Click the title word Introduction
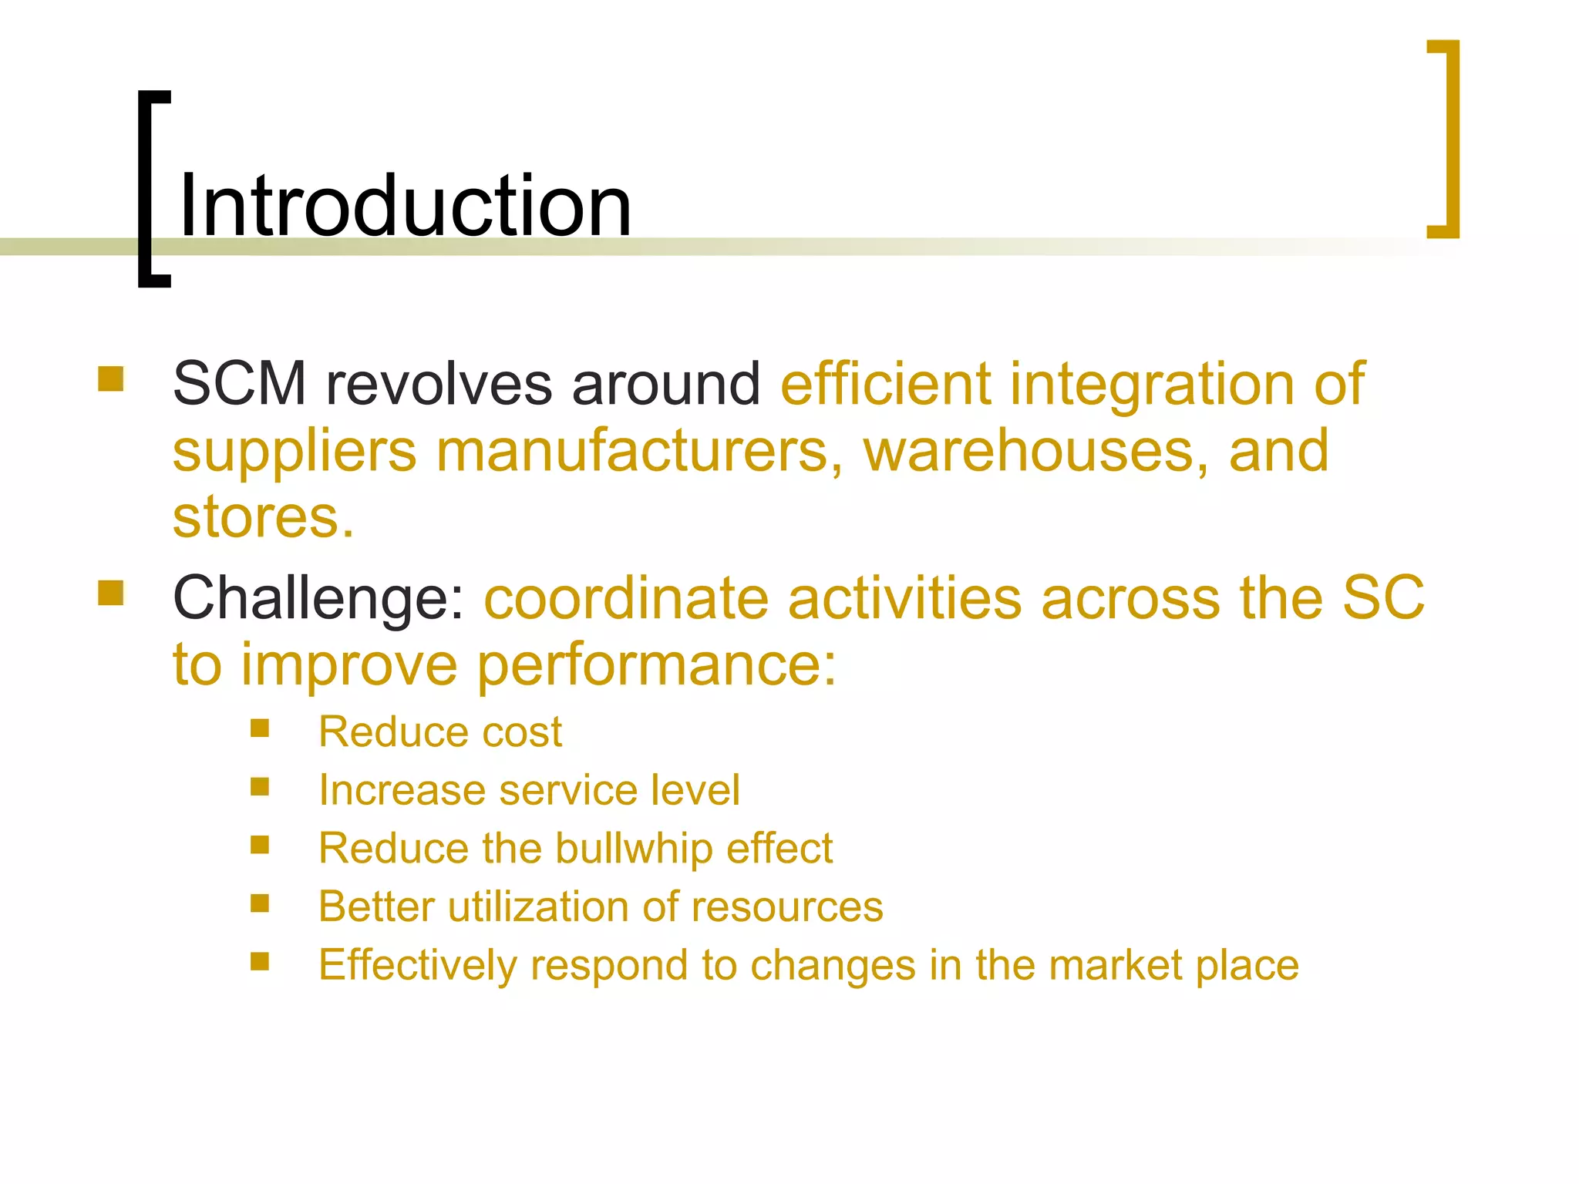click(x=405, y=206)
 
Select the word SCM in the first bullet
click(x=240, y=383)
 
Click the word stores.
click(x=263, y=517)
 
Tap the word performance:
click(x=656, y=665)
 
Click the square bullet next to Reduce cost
click(x=260, y=728)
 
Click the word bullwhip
click(x=634, y=849)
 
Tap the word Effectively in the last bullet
click(x=417, y=965)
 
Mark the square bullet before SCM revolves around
click(x=111, y=379)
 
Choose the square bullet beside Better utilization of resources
click(x=260, y=903)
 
